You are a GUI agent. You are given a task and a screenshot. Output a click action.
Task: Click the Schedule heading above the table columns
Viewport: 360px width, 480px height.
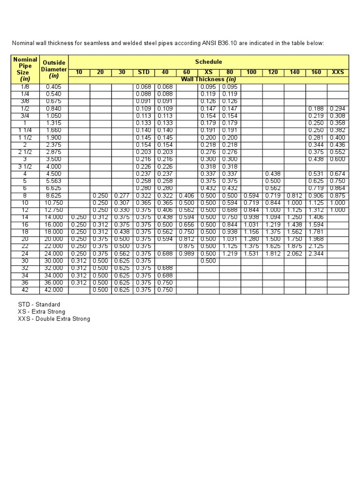209,62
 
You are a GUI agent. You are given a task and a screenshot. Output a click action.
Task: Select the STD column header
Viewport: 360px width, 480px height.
144,72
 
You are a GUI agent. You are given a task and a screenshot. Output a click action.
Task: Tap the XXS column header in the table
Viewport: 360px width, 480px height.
337,72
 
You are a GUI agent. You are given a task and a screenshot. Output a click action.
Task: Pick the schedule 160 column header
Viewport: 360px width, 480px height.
316,72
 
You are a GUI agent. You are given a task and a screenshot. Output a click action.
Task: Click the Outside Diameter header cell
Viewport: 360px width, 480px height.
54,69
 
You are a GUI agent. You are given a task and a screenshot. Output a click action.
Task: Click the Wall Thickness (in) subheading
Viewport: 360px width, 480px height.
209,79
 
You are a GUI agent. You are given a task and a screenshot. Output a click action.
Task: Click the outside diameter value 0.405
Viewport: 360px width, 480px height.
54,87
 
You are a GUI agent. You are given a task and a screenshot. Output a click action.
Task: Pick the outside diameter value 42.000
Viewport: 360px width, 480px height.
54,290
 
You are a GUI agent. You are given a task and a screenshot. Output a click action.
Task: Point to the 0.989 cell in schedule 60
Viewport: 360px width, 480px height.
187,254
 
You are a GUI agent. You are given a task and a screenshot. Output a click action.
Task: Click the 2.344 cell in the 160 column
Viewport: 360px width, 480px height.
316,254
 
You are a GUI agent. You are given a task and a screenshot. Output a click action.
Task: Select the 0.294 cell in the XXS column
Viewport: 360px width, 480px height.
337,109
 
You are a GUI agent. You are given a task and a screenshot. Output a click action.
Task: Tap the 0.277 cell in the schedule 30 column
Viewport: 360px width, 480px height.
121,195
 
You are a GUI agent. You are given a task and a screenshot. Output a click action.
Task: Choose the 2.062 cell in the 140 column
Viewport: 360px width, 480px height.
295,254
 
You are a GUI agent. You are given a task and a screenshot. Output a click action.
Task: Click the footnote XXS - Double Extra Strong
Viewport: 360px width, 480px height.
54,319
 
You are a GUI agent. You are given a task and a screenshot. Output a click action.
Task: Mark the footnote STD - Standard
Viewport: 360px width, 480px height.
39,305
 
